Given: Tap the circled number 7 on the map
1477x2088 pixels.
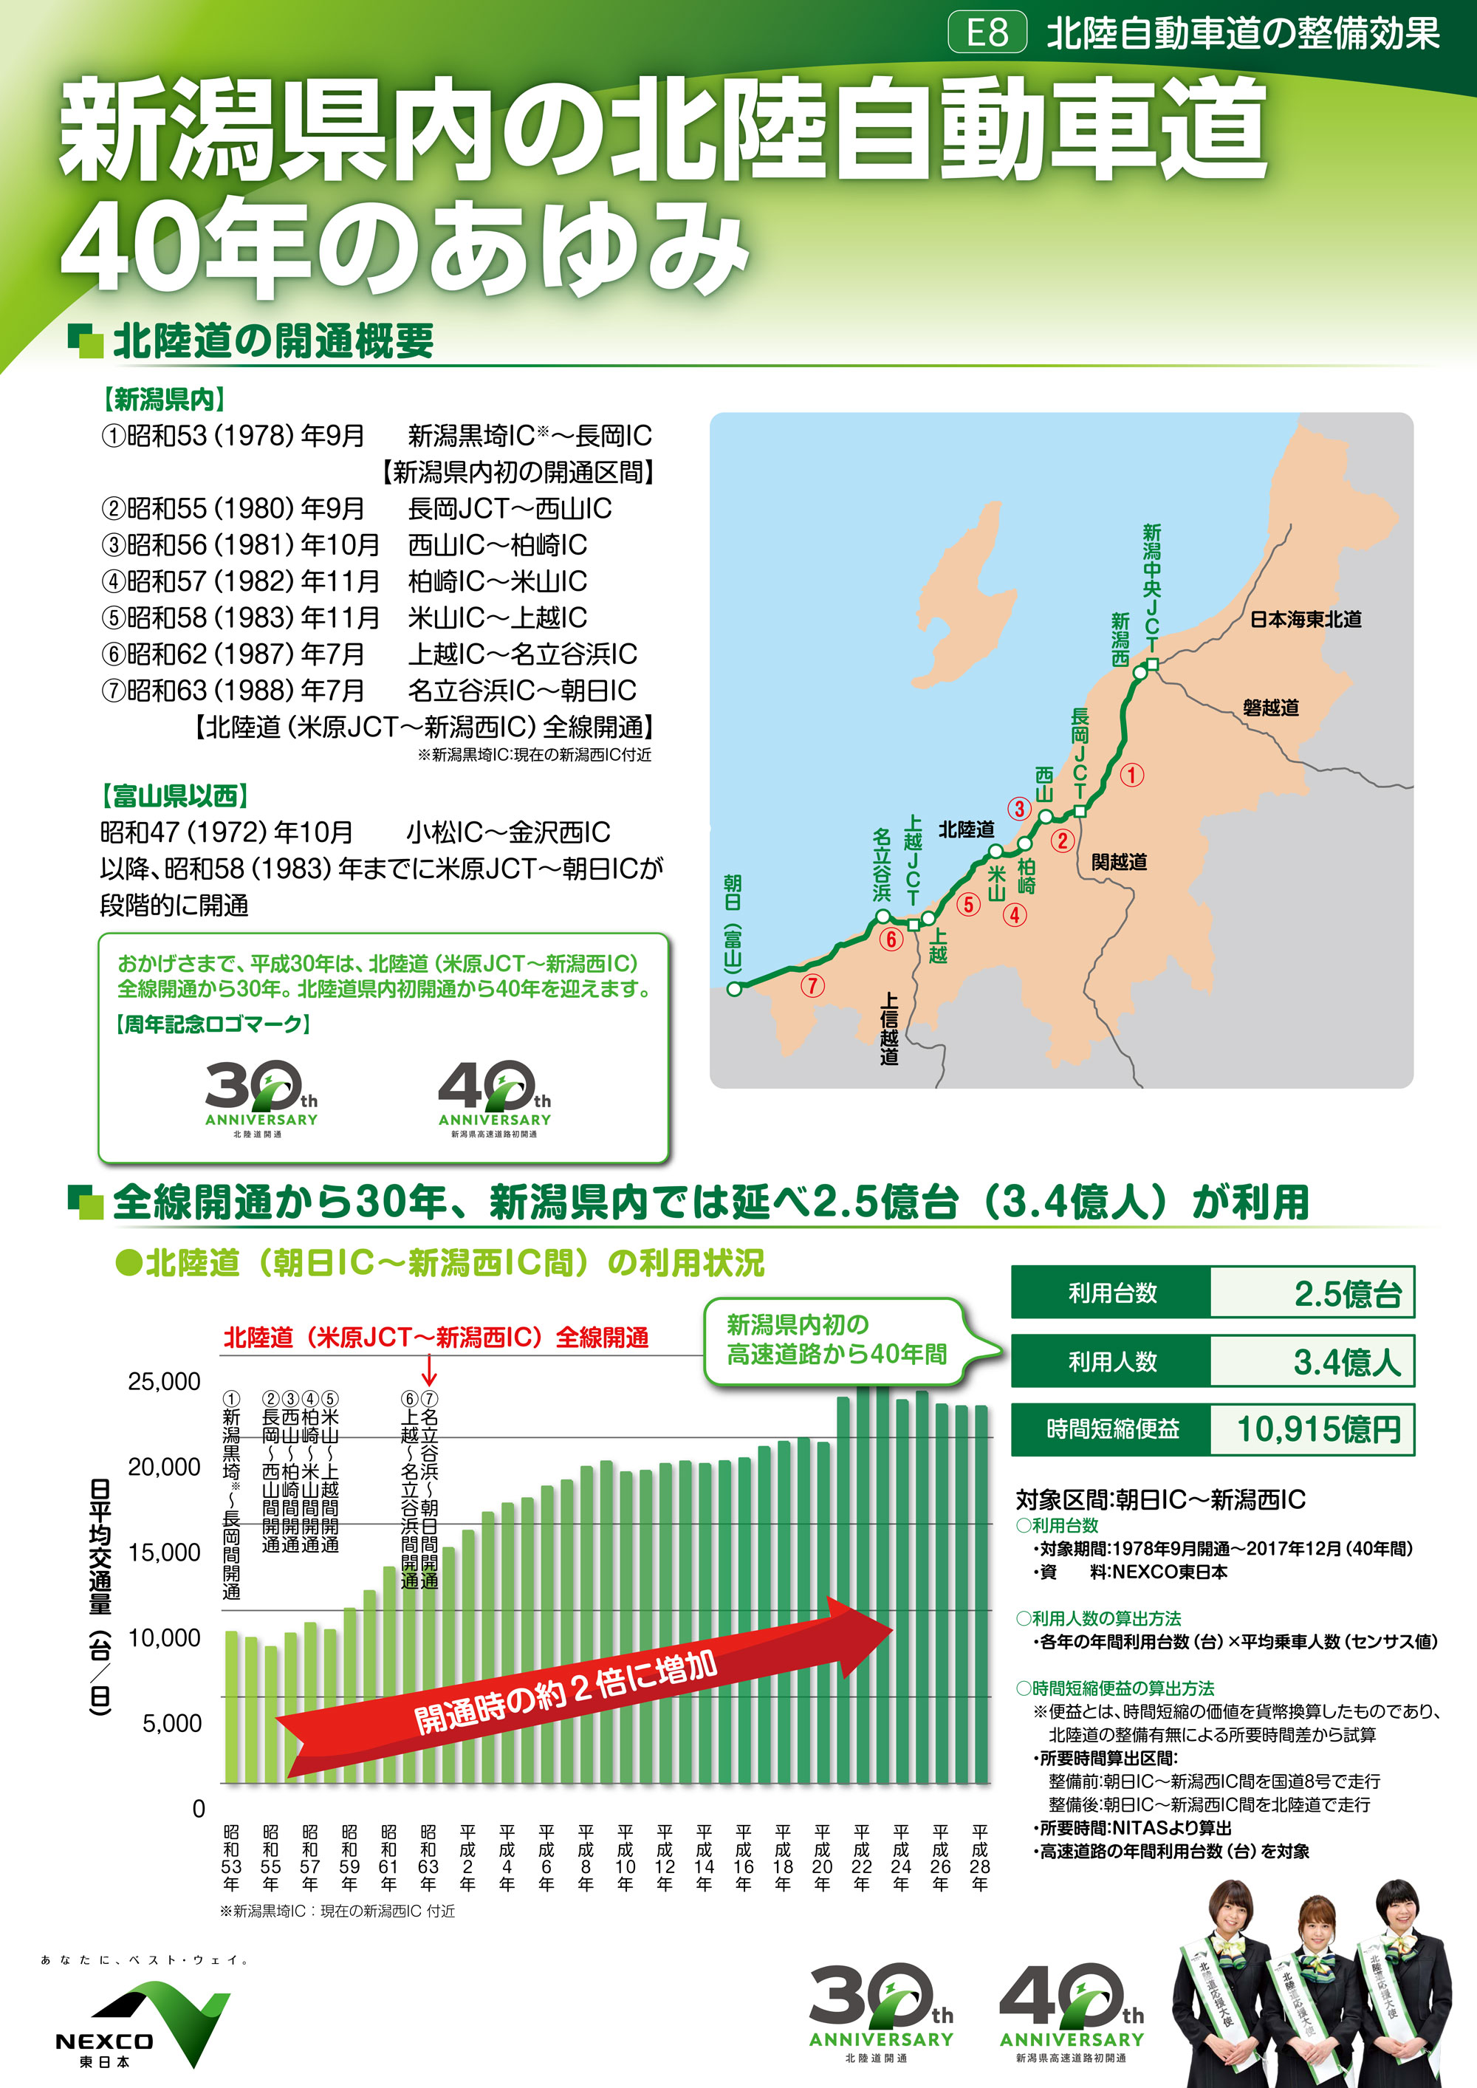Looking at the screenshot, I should tap(812, 985).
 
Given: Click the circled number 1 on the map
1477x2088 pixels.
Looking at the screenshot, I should tap(1131, 775).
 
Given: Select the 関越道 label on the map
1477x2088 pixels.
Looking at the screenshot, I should tap(1119, 861).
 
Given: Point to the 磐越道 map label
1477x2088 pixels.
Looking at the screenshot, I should tap(1270, 708).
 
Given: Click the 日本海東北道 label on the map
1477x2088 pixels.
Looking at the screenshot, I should tap(1305, 619).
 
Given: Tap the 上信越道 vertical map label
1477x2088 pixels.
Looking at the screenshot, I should tap(888, 1027).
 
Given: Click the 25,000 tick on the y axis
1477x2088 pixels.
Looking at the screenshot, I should tap(164, 1381).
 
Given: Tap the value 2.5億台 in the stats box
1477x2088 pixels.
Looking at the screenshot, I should tap(1347, 1293).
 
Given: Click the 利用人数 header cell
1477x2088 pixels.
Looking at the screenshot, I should tap(1111, 1361).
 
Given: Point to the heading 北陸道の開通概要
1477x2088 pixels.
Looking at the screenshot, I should tap(273, 341).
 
